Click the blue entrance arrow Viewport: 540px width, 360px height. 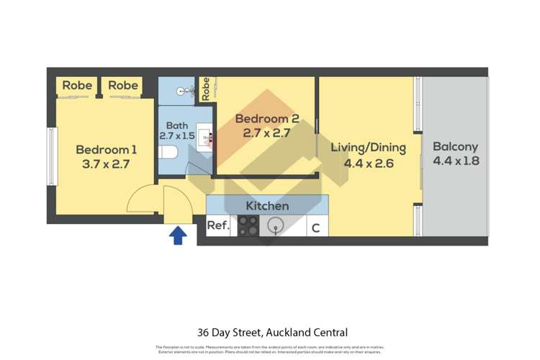(177, 235)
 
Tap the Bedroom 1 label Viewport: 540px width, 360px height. (107, 150)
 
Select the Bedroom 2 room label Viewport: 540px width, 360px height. (266, 120)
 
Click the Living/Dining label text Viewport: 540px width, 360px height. (368, 148)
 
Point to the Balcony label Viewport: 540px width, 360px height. (455, 146)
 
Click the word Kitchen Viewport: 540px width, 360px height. (267, 206)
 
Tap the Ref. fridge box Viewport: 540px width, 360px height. (218, 226)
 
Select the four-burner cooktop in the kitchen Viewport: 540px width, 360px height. (248, 227)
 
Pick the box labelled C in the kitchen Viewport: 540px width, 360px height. (315, 228)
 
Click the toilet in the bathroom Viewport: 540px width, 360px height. (168, 152)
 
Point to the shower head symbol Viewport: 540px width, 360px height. (185, 91)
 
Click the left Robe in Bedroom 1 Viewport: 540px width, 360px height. (77, 86)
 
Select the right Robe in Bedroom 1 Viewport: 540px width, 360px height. (123, 86)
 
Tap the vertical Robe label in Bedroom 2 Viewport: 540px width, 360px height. (206, 89)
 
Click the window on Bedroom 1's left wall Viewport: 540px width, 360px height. (51, 156)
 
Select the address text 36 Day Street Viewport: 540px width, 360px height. (229, 333)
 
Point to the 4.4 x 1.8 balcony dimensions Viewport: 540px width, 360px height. (455, 161)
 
